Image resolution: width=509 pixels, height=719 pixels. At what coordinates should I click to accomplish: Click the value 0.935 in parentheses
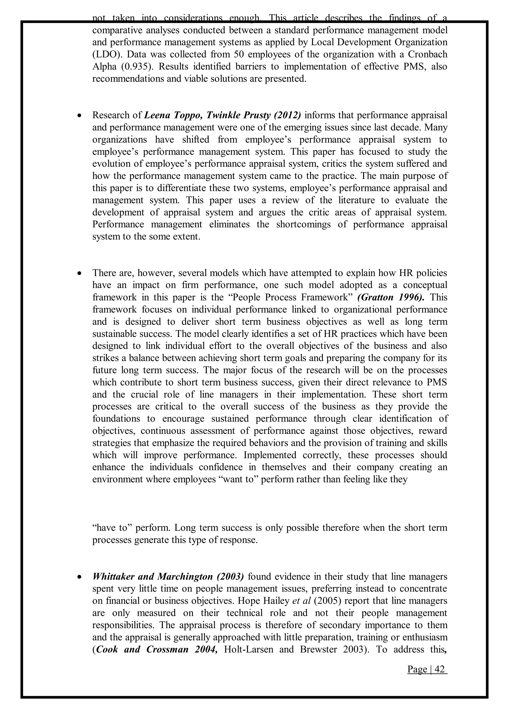click(x=134, y=67)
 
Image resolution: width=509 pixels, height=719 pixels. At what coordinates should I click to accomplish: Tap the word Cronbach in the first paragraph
click(x=427, y=54)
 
